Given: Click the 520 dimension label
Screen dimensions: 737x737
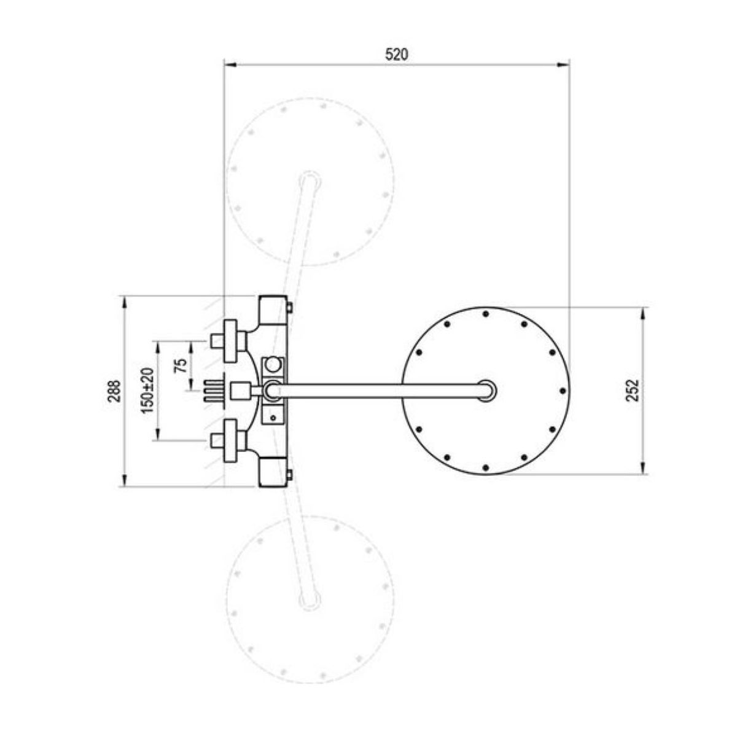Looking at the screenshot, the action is (x=396, y=55).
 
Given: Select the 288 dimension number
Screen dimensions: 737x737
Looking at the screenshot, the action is (x=114, y=391).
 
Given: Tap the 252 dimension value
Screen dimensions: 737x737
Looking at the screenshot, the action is (x=633, y=390).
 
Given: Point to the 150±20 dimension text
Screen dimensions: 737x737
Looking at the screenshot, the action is (x=147, y=391).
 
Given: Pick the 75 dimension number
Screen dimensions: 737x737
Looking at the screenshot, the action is (x=181, y=365).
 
